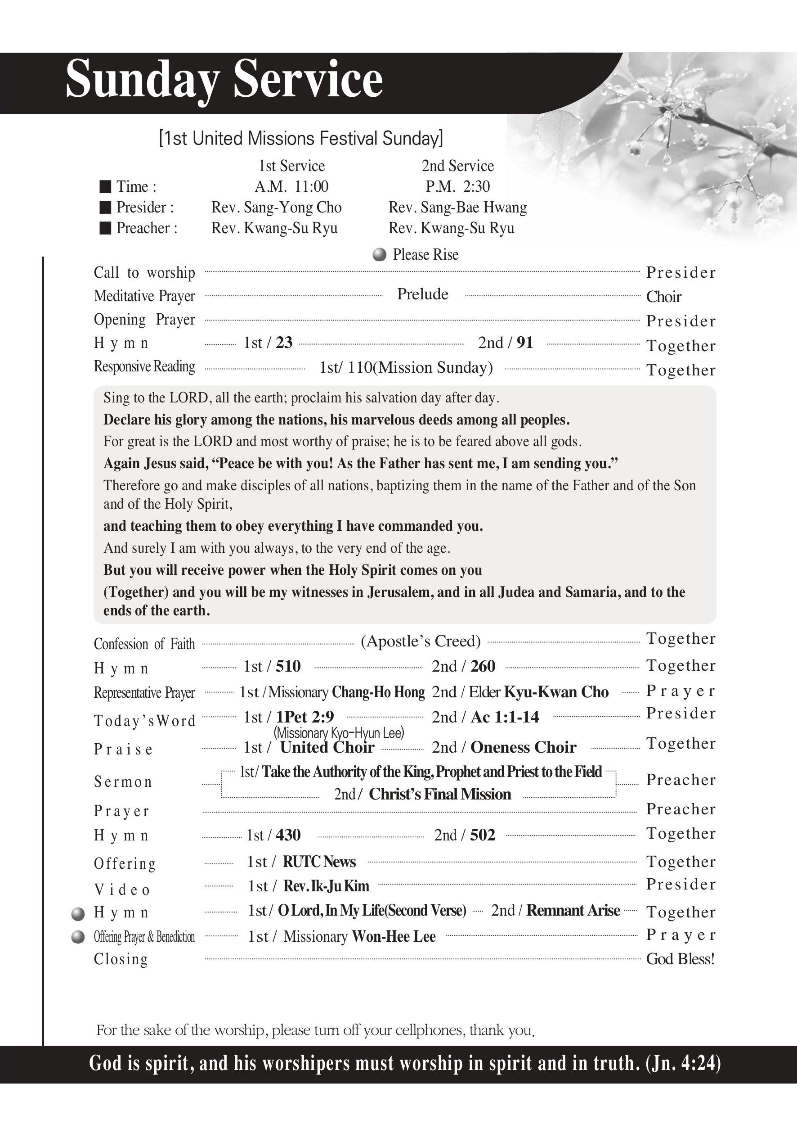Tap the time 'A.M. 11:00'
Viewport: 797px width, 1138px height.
click(x=291, y=187)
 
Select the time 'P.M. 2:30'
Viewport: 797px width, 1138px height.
click(x=458, y=187)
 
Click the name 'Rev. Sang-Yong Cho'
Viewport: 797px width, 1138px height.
click(x=277, y=208)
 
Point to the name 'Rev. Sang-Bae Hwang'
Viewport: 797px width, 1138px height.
click(x=457, y=208)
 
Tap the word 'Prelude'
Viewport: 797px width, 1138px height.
click(x=422, y=294)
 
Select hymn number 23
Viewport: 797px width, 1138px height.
click(x=284, y=343)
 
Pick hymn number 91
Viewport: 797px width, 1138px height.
click(x=524, y=343)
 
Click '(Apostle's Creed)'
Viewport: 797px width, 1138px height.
click(x=421, y=641)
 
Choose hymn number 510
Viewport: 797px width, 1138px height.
click(x=288, y=667)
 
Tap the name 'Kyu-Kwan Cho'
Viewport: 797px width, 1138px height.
click(x=556, y=692)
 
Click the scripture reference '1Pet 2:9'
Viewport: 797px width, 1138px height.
click(x=304, y=718)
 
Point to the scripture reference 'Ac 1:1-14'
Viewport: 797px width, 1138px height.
click(x=505, y=718)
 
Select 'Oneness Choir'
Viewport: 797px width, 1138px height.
click(x=523, y=747)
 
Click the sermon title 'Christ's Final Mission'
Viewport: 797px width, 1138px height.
click(x=440, y=795)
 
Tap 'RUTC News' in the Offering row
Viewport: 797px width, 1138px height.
click(x=319, y=862)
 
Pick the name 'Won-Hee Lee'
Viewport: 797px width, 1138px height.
click(x=394, y=937)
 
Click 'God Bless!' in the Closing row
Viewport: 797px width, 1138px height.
click(x=681, y=959)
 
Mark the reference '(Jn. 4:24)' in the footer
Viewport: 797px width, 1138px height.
click(x=683, y=1064)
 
